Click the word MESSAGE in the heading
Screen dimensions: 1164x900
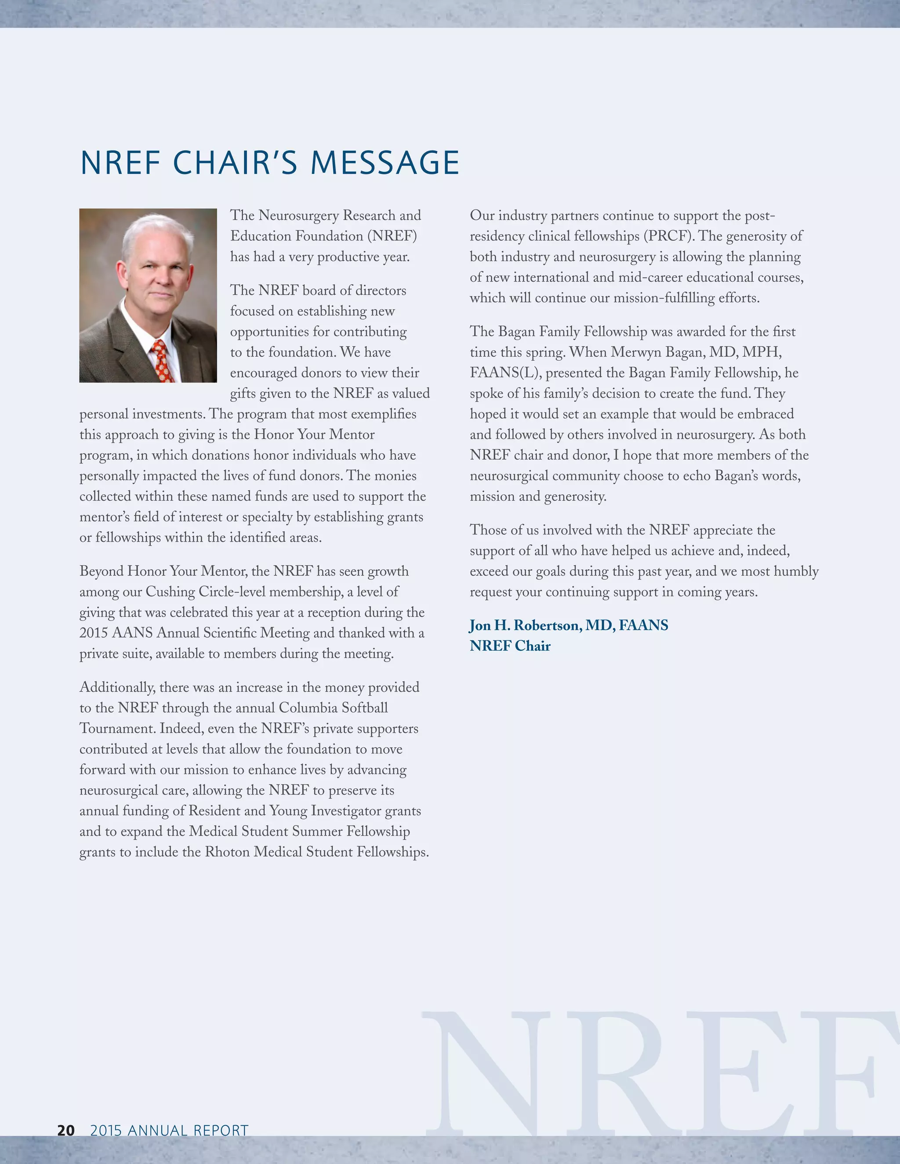click(x=385, y=163)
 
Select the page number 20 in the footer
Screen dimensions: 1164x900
click(x=66, y=1131)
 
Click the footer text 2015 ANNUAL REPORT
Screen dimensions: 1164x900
click(x=169, y=1131)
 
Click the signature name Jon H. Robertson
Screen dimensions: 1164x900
click(x=525, y=625)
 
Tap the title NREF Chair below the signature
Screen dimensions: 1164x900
click(x=510, y=646)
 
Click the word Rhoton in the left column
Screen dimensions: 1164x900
click(x=228, y=852)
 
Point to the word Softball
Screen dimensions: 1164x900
click(x=365, y=708)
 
